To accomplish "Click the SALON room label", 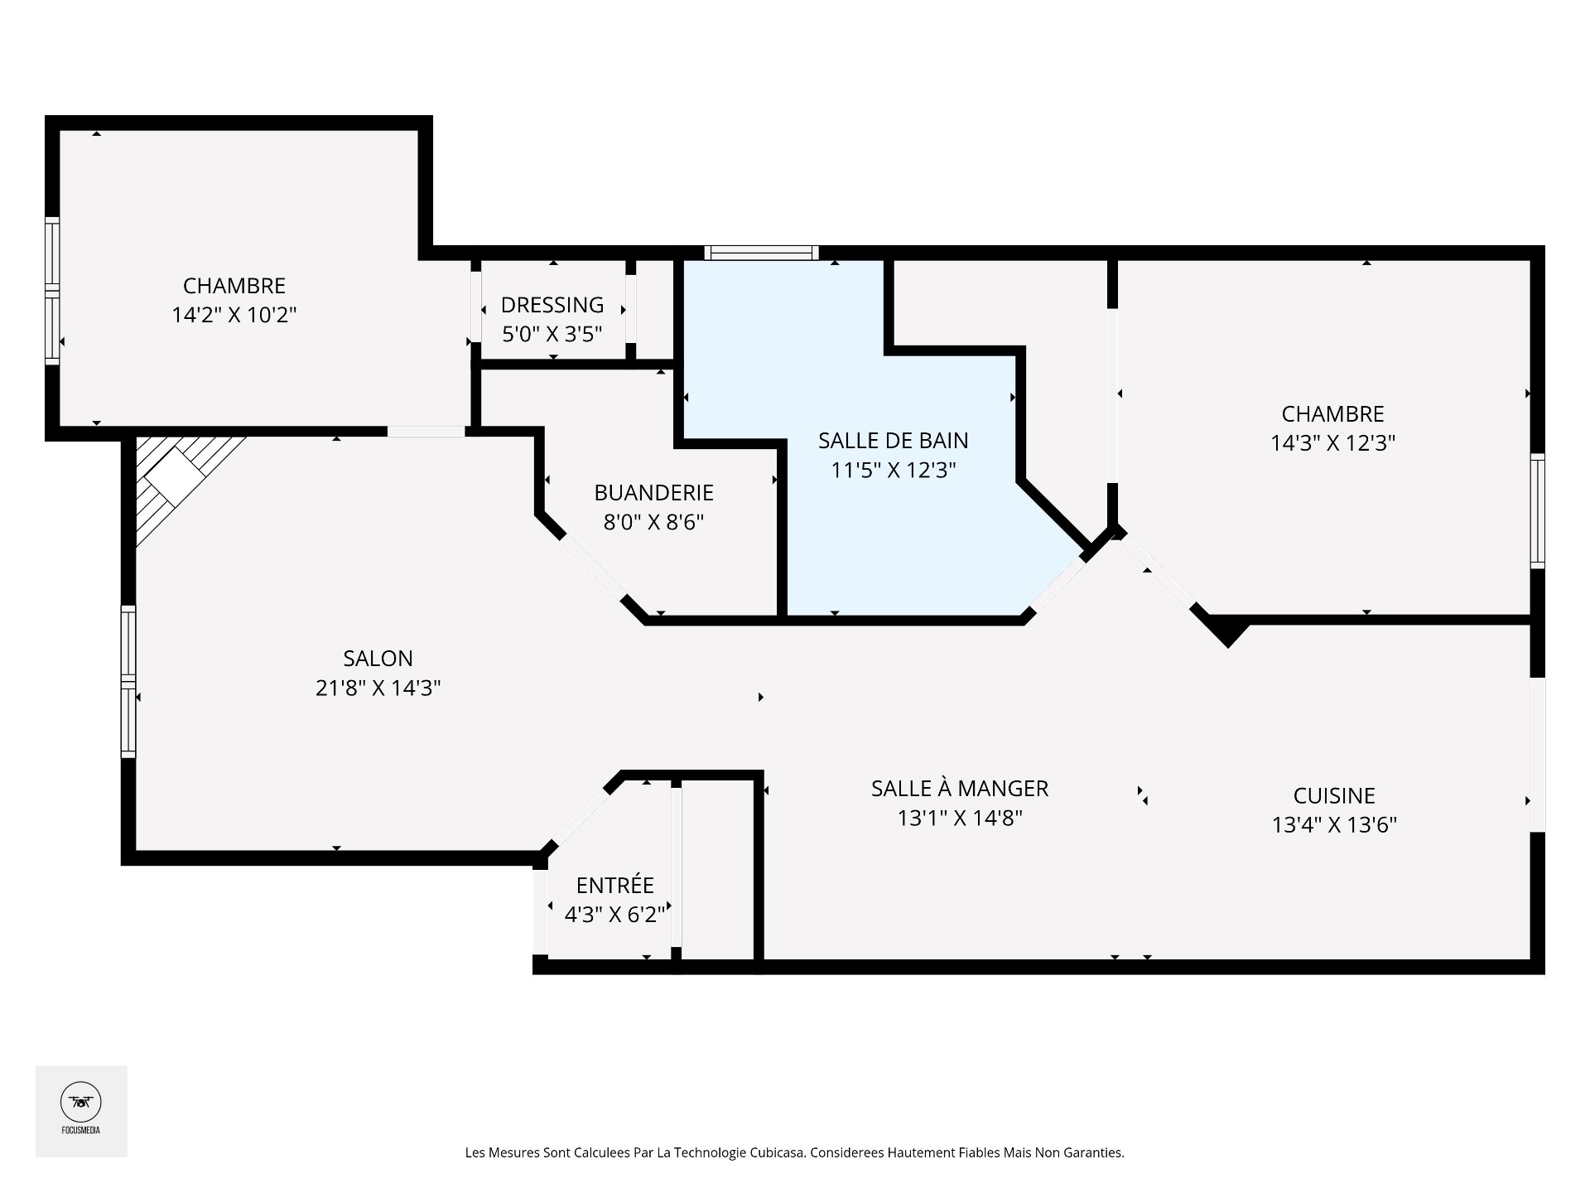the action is tap(378, 659).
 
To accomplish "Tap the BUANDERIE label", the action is tap(653, 493).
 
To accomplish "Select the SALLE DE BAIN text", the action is tap(894, 441).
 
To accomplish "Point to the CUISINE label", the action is tap(1334, 796).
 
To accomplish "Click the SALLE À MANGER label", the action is tap(960, 788).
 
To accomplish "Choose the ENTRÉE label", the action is tap(615, 885).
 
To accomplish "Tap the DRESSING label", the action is tap(552, 305).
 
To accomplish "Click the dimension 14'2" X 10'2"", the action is tap(234, 315).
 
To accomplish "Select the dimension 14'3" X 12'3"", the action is tap(1333, 443).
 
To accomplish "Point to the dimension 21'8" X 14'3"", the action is tap(378, 688).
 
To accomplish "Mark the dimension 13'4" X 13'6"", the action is tap(1334, 825).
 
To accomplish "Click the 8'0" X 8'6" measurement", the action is tap(653, 523).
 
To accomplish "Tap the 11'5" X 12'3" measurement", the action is tap(894, 471).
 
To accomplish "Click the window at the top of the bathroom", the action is tap(761, 253).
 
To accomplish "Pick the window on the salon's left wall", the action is tap(128, 681).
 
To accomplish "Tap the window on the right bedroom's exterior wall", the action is tap(1537, 510).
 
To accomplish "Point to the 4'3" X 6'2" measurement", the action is tap(615, 915).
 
